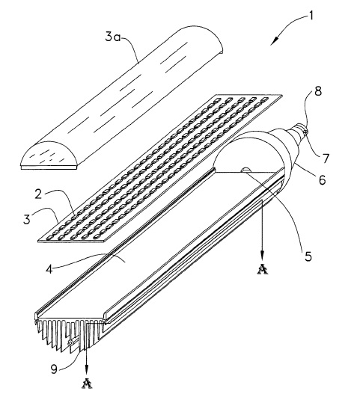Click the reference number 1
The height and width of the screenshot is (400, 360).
click(x=311, y=16)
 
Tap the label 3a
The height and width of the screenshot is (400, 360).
click(x=112, y=37)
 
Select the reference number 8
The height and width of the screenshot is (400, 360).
click(x=318, y=91)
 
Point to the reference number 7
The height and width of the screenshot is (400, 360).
click(x=326, y=159)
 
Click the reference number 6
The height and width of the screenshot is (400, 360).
click(x=323, y=180)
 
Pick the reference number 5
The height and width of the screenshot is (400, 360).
click(x=308, y=256)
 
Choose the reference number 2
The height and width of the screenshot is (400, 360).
click(x=39, y=194)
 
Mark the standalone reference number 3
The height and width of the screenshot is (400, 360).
click(x=27, y=219)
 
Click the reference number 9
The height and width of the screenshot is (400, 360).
click(x=54, y=369)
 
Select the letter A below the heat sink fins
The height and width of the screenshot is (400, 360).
click(x=87, y=384)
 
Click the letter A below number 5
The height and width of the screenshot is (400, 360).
click(x=263, y=269)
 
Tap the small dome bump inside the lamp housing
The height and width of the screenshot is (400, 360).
click(x=246, y=170)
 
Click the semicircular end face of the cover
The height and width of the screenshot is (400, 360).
click(x=49, y=154)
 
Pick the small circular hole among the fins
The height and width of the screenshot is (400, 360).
click(x=70, y=343)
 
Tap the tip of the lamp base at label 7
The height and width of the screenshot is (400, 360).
click(x=305, y=131)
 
